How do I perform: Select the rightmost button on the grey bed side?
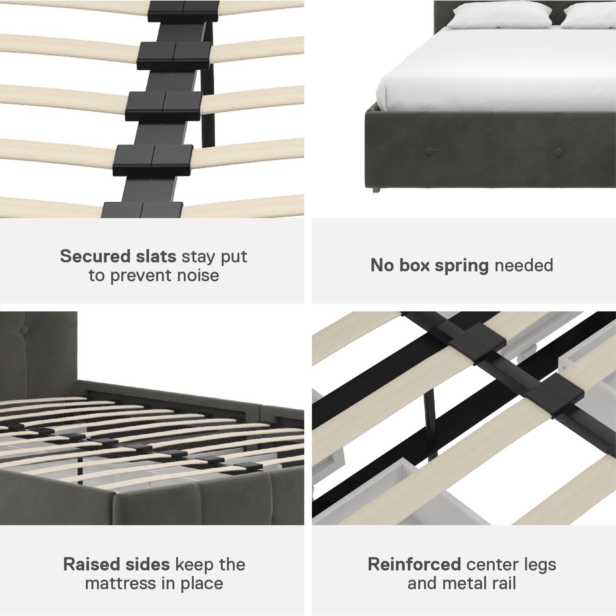558,152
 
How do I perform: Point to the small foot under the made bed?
375,190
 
